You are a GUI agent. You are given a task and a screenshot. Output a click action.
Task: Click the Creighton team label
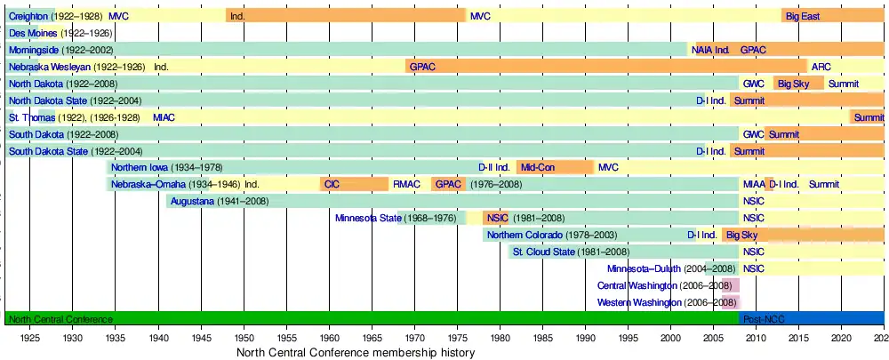[x=28, y=16]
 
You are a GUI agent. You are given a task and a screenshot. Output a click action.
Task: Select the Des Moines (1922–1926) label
[x=60, y=33]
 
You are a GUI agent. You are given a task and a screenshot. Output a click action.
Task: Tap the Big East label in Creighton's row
[x=803, y=16]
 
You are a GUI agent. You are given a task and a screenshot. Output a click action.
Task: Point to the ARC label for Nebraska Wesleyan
[x=821, y=67]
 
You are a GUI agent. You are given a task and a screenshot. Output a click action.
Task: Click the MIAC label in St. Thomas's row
[x=164, y=117]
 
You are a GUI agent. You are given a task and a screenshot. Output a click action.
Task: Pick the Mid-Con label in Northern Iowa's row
[x=538, y=167]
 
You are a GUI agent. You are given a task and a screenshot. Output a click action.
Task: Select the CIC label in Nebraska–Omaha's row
[x=332, y=184]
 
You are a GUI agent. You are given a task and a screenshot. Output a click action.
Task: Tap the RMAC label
[x=406, y=184]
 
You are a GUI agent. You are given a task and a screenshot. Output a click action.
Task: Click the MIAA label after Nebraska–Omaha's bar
[x=753, y=184]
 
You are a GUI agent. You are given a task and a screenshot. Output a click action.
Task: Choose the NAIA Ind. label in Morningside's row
[x=711, y=50]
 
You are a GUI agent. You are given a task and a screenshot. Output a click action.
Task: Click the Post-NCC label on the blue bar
[x=764, y=319]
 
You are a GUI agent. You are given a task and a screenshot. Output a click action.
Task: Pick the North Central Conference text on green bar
[x=60, y=319]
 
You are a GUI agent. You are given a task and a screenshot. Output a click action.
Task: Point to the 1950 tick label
[x=243, y=339]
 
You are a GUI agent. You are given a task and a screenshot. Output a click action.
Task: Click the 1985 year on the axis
[x=542, y=339]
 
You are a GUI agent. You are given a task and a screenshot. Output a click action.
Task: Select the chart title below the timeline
[x=356, y=353]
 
